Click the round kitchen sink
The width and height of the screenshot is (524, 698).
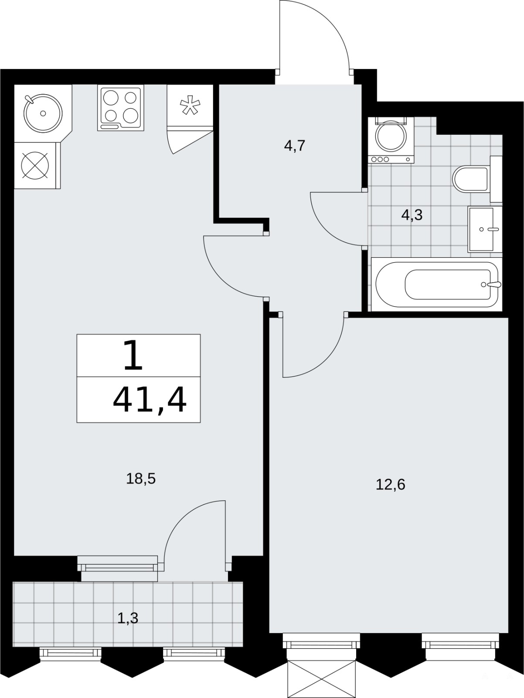(43, 113)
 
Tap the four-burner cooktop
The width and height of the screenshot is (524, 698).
(121, 108)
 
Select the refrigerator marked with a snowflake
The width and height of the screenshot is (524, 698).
(190, 106)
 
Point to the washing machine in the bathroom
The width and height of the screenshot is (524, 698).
(391, 140)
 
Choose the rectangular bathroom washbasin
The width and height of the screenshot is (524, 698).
(485, 229)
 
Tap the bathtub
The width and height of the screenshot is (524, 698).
(436, 284)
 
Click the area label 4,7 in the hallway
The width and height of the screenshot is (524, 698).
(295, 146)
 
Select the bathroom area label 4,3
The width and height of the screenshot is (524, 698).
(412, 215)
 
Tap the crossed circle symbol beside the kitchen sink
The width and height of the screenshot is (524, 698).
(35, 165)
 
